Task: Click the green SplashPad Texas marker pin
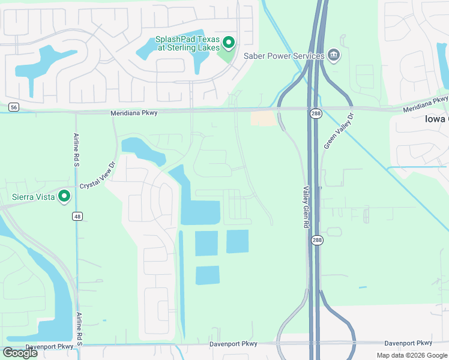(228, 42)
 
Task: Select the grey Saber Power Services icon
(334, 56)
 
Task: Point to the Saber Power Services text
(284, 56)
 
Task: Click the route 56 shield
(14, 107)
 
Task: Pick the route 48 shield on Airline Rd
(77, 216)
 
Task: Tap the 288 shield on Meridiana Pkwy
(316, 113)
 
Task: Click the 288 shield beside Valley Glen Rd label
(316, 239)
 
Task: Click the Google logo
(20, 353)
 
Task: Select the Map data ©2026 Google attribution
(412, 355)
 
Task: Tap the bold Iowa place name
(436, 119)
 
